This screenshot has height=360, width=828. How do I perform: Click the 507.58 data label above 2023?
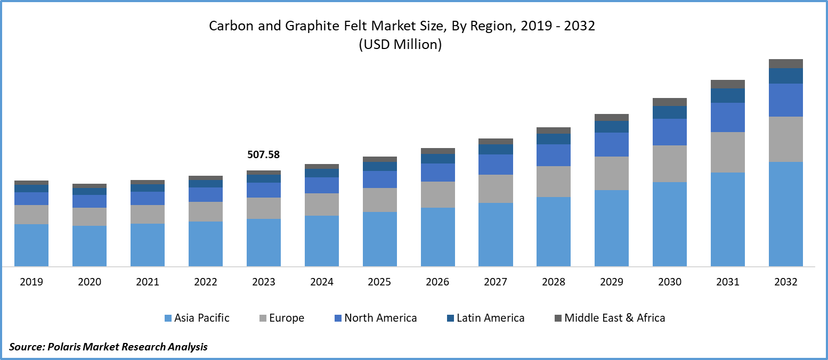click(x=263, y=155)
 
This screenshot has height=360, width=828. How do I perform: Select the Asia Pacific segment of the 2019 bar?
click(x=31, y=245)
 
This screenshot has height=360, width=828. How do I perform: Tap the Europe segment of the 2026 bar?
click(x=438, y=194)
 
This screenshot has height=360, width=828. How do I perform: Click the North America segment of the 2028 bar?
click(x=554, y=155)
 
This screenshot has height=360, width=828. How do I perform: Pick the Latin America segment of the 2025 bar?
click(x=380, y=166)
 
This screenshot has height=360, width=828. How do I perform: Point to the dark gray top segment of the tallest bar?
click(x=785, y=63)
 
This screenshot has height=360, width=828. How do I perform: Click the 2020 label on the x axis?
click(x=90, y=282)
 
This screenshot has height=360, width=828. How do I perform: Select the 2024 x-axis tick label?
click(x=322, y=282)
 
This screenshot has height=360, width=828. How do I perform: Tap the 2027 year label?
click(x=496, y=282)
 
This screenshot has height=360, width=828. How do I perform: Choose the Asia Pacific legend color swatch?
click(x=168, y=318)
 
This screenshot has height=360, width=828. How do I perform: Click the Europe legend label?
click(x=287, y=318)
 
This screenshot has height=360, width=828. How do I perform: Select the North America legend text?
click(x=380, y=318)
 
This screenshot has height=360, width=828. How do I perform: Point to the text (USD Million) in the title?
click(x=400, y=45)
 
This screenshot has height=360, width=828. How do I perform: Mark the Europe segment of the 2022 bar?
click(x=206, y=211)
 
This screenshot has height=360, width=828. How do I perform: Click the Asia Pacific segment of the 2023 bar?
click(x=264, y=242)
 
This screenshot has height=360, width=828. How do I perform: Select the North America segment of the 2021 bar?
click(x=148, y=198)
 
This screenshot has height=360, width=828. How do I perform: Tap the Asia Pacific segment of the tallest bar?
click(x=785, y=214)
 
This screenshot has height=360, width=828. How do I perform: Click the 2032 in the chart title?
click(x=581, y=26)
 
